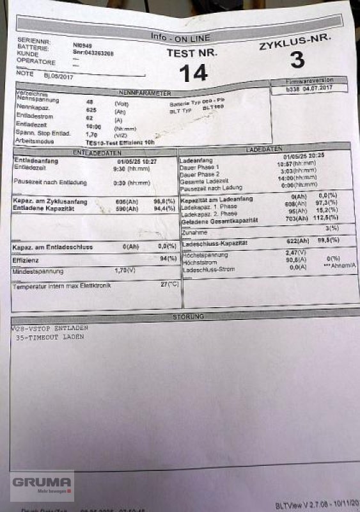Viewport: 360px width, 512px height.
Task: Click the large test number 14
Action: pyautogui.click(x=193, y=73)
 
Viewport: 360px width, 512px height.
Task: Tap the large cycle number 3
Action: pyautogui.click(x=297, y=60)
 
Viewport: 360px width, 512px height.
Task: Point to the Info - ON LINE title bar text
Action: pyautogui.click(x=178, y=36)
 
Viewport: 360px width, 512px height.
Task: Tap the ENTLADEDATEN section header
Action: pyautogui.click(x=97, y=152)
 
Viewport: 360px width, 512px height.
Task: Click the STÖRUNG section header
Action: pyautogui.click(x=188, y=316)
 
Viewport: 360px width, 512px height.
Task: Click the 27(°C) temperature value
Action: pyautogui.click(x=169, y=283)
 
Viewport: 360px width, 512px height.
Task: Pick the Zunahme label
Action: pyautogui.click(x=194, y=232)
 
